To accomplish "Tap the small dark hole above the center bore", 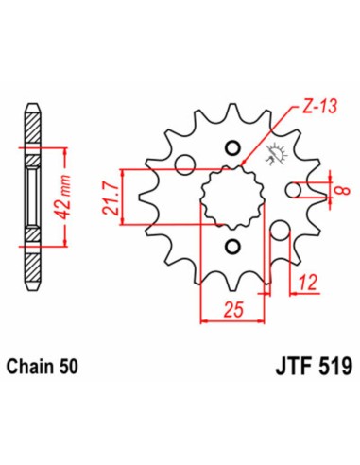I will point(232,148).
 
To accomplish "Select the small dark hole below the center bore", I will point(232,248).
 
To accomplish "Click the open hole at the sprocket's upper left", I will point(185,160).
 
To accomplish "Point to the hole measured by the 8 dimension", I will point(294,191).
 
